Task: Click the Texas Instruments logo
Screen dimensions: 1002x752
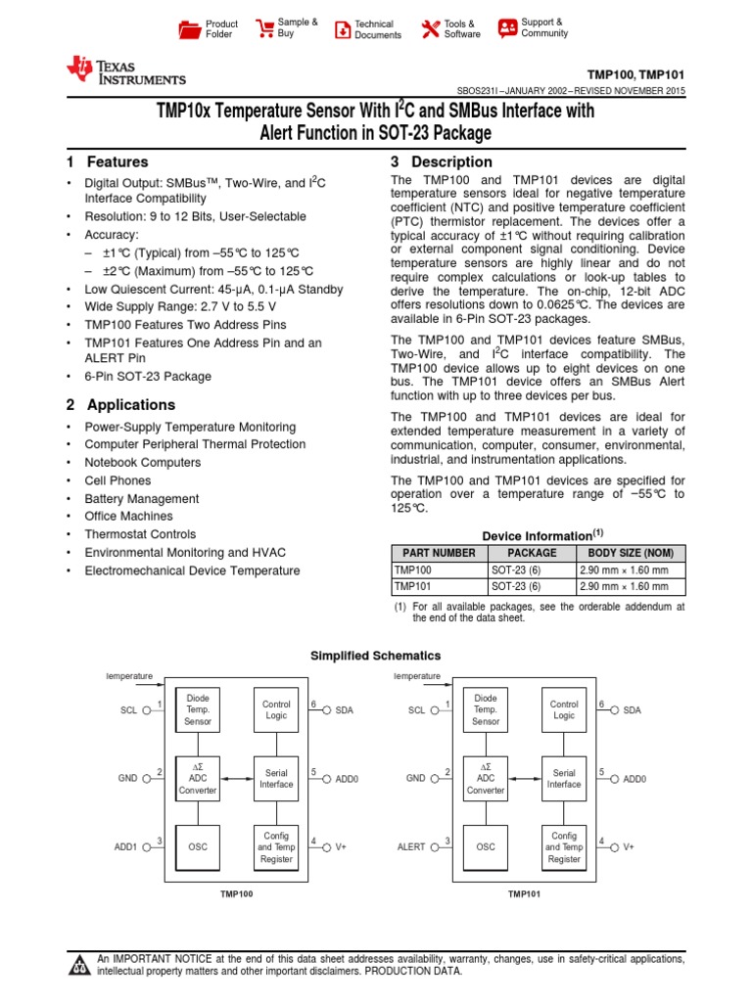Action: (124, 70)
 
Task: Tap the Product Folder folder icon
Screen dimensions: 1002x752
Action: (188, 28)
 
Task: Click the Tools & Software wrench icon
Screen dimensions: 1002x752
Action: (430, 28)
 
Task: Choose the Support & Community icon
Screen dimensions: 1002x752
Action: (507, 27)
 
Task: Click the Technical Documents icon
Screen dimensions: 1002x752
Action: (342, 28)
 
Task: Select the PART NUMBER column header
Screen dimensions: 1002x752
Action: (439, 553)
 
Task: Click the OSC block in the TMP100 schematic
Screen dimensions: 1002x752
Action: (198, 846)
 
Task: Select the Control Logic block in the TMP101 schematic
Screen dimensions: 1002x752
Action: (564, 710)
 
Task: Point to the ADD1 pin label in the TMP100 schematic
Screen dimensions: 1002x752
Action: (124, 847)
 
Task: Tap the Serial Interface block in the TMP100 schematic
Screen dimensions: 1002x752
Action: (276, 778)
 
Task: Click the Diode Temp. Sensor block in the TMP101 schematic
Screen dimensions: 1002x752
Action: (486, 710)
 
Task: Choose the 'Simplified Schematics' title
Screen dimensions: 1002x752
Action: (375, 656)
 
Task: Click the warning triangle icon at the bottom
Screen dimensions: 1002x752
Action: (78, 965)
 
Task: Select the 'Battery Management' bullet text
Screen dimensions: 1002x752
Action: (142, 498)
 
